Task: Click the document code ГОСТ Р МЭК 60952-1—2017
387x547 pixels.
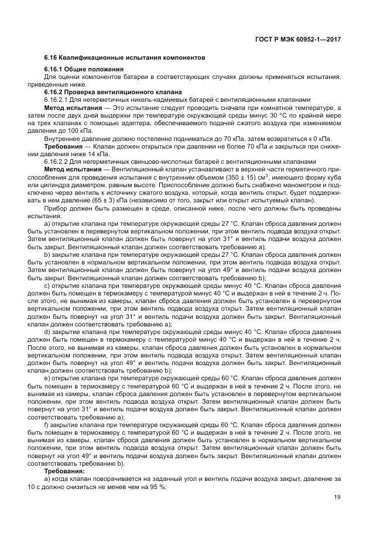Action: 306,39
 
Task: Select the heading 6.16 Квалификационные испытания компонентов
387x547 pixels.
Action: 124,59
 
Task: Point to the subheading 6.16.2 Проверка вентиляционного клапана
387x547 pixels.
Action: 114,92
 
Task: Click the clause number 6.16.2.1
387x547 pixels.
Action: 59,100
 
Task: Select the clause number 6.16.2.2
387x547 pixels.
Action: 59,161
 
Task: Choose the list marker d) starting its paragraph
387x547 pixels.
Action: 47,331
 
